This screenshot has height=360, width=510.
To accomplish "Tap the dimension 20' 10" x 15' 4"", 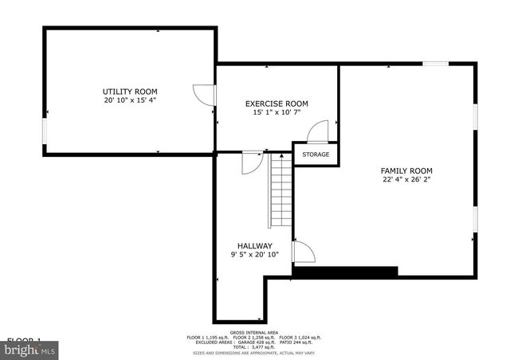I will click(129, 101).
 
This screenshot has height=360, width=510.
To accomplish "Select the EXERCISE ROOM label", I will click(277, 104).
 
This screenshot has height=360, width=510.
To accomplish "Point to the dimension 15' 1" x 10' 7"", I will click(277, 113).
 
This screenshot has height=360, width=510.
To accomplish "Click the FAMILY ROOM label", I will click(406, 170).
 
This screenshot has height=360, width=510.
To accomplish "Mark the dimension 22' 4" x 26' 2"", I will click(406, 180).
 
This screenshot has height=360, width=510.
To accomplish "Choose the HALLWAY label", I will click(255, 245).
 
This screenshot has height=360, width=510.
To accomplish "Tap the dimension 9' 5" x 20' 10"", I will click(255, 255).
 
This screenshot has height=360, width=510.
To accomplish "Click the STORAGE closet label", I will click(316, 154).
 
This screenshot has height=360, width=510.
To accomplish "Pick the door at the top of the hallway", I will click(252, 161).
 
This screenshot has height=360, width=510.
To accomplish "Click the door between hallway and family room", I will click(304, 252).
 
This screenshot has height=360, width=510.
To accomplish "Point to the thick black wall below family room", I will click(345, 272).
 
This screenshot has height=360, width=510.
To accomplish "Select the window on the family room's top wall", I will click(435, 64).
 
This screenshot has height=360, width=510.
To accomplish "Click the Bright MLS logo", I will click(29, 348).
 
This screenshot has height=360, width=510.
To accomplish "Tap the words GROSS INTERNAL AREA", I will click(254, 331).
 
